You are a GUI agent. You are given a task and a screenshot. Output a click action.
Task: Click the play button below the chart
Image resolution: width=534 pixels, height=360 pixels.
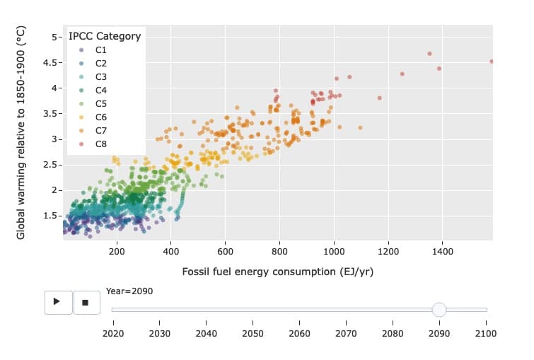coord(57,301)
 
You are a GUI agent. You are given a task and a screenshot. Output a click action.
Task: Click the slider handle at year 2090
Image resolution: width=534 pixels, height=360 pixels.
coord(439,309)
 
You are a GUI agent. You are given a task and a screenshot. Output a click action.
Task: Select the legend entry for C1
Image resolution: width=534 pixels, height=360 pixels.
coord(100,50)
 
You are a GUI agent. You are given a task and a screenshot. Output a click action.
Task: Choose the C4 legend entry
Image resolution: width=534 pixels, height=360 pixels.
coord(100,91)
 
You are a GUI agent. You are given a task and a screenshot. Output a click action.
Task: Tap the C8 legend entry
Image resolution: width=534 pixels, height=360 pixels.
coord(100,144)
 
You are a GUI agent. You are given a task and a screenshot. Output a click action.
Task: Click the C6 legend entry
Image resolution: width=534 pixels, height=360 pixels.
coord(100,117)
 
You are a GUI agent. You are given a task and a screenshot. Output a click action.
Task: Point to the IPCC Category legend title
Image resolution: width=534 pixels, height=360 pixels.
coord(105,36)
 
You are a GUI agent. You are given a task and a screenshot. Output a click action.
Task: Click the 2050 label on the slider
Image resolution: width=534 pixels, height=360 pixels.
coord(253,333)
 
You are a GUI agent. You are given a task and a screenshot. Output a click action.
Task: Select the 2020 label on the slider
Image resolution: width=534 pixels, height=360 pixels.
coord(113,333)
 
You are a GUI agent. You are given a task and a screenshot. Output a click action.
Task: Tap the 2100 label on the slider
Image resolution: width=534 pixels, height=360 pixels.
coord(487,333)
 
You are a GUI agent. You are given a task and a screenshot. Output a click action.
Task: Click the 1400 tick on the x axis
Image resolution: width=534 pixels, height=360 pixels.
coord(442,250)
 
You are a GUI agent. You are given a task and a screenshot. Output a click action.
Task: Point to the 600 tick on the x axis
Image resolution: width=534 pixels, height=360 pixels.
coord(225,250)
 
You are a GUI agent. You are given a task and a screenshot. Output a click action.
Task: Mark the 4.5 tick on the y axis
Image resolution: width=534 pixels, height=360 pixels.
coord(50,63)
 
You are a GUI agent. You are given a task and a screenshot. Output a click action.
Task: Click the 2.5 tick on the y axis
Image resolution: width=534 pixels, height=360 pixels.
coord(50,165)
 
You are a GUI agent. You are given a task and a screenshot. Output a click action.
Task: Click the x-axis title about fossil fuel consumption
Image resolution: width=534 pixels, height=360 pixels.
coord(277,272)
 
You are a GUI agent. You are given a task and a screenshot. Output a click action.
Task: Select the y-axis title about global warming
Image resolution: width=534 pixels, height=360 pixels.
coord(21,132)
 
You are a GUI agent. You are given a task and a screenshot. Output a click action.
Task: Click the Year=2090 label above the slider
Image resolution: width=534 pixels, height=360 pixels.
coord(129,291)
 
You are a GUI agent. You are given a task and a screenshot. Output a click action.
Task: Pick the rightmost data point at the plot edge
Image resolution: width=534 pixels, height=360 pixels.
coord(492,62)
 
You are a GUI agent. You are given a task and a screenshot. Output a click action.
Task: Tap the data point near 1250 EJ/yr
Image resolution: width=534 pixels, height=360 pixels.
coord(402,74)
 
